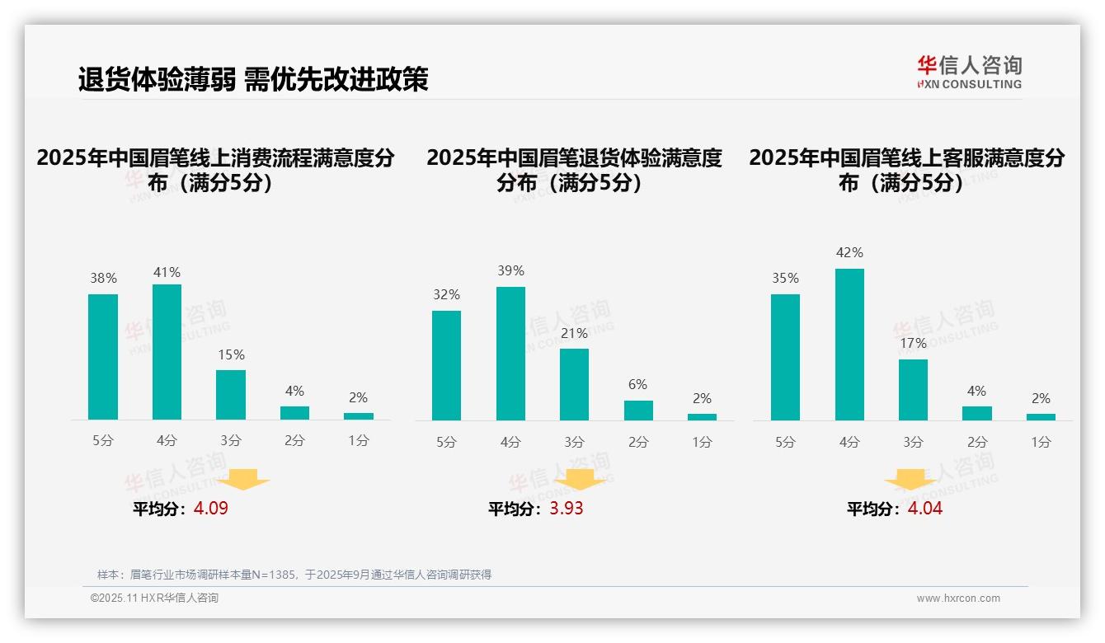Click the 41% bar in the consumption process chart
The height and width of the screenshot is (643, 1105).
pos(167,352)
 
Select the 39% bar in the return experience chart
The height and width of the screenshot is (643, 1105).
pos(510,354)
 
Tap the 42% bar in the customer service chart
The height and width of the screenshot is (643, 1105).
pos(849,345)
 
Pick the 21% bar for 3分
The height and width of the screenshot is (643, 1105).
pos(574,384)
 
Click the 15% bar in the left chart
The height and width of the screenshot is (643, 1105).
pos(231,395)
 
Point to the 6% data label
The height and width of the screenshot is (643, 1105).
pos(637,385)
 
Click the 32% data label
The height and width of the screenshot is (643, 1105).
pos(446,294)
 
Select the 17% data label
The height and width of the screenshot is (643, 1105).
pos(913,343)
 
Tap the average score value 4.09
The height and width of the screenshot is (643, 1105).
pos(211,509)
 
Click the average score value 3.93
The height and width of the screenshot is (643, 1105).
pos(567,509)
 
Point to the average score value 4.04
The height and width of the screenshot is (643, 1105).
pos(925,509)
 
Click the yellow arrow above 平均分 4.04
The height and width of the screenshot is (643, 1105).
pos(910,481)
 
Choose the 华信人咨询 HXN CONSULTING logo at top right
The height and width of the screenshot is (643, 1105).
pos(969,73)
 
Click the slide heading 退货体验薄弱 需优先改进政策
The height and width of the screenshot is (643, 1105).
pos(253,79)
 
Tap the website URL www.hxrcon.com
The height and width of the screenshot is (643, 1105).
pos(958,598)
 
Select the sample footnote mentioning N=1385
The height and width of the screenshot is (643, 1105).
pos(294,575)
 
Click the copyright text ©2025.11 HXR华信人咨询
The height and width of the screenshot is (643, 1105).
pos(154,598)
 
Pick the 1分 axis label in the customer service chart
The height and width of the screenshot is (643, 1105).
pos(1041,443)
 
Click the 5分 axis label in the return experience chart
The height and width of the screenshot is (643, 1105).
pos(446,443)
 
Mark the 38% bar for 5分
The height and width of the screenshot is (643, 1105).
pos(103,357)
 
